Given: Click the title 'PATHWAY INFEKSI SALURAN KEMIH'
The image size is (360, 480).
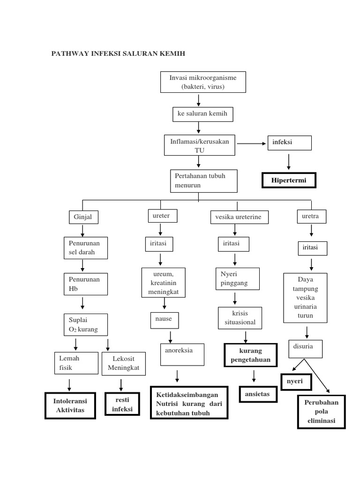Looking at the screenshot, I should [x=118, y=54].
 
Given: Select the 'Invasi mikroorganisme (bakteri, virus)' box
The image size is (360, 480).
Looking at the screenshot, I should [x=202, y=82].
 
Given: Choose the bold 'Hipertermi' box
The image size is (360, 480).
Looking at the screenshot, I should [x=288, y=180].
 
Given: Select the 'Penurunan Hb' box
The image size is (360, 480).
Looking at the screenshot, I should [x=85, y=284].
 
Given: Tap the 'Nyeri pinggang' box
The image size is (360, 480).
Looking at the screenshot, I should [x=237, y=279].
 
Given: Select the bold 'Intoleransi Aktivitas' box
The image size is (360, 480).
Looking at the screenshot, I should [x=70, y=405].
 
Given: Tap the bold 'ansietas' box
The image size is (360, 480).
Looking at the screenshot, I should [x=257, y=394].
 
